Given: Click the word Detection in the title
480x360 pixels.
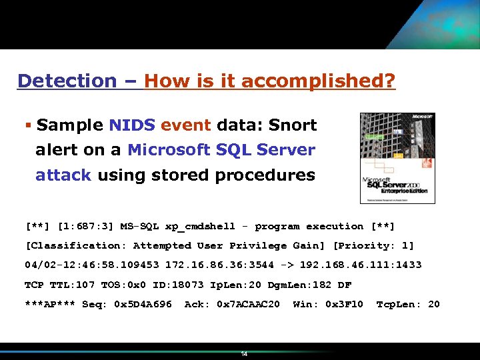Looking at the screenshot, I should point(67,81).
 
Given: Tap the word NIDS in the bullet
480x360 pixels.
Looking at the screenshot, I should point(132,125).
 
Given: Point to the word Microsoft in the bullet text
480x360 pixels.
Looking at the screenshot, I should point(169,150).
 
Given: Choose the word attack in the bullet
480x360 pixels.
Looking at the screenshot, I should point(63,175).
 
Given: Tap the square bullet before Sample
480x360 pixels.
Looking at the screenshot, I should point(28,125).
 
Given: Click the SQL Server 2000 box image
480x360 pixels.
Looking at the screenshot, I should point(397,158).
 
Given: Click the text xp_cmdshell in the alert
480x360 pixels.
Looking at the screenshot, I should point(201,227).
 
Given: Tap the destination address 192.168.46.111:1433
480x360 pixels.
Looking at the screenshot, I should point(361,265).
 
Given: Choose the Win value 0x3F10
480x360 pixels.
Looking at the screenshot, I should point(345,305).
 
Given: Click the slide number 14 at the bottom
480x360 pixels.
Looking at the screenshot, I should point(244,354).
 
